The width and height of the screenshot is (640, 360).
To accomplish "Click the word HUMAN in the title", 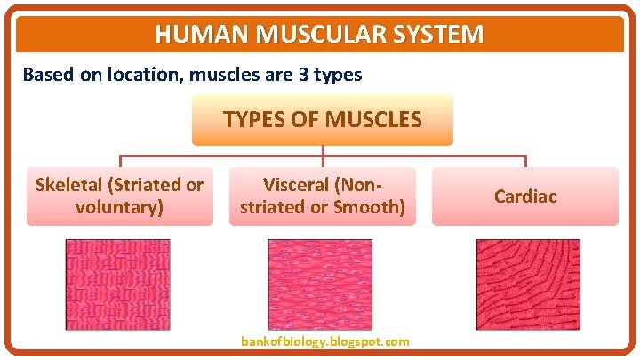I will tap(192, 35).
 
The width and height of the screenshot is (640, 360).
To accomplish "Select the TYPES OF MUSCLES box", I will tap(322, 119).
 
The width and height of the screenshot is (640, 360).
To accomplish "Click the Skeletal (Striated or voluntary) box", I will tap(119, 196).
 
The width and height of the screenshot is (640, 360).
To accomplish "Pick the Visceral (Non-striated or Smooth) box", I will tap(322, 196).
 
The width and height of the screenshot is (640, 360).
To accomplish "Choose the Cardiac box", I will tap(525, 196).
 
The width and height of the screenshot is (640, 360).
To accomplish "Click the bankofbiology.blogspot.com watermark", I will tap(324, 341).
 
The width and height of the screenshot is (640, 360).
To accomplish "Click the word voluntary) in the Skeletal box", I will tap(120, 208).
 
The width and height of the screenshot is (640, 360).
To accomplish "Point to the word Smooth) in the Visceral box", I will tap(373, 208).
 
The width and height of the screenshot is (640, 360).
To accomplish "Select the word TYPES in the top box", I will tap(251, 119).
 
